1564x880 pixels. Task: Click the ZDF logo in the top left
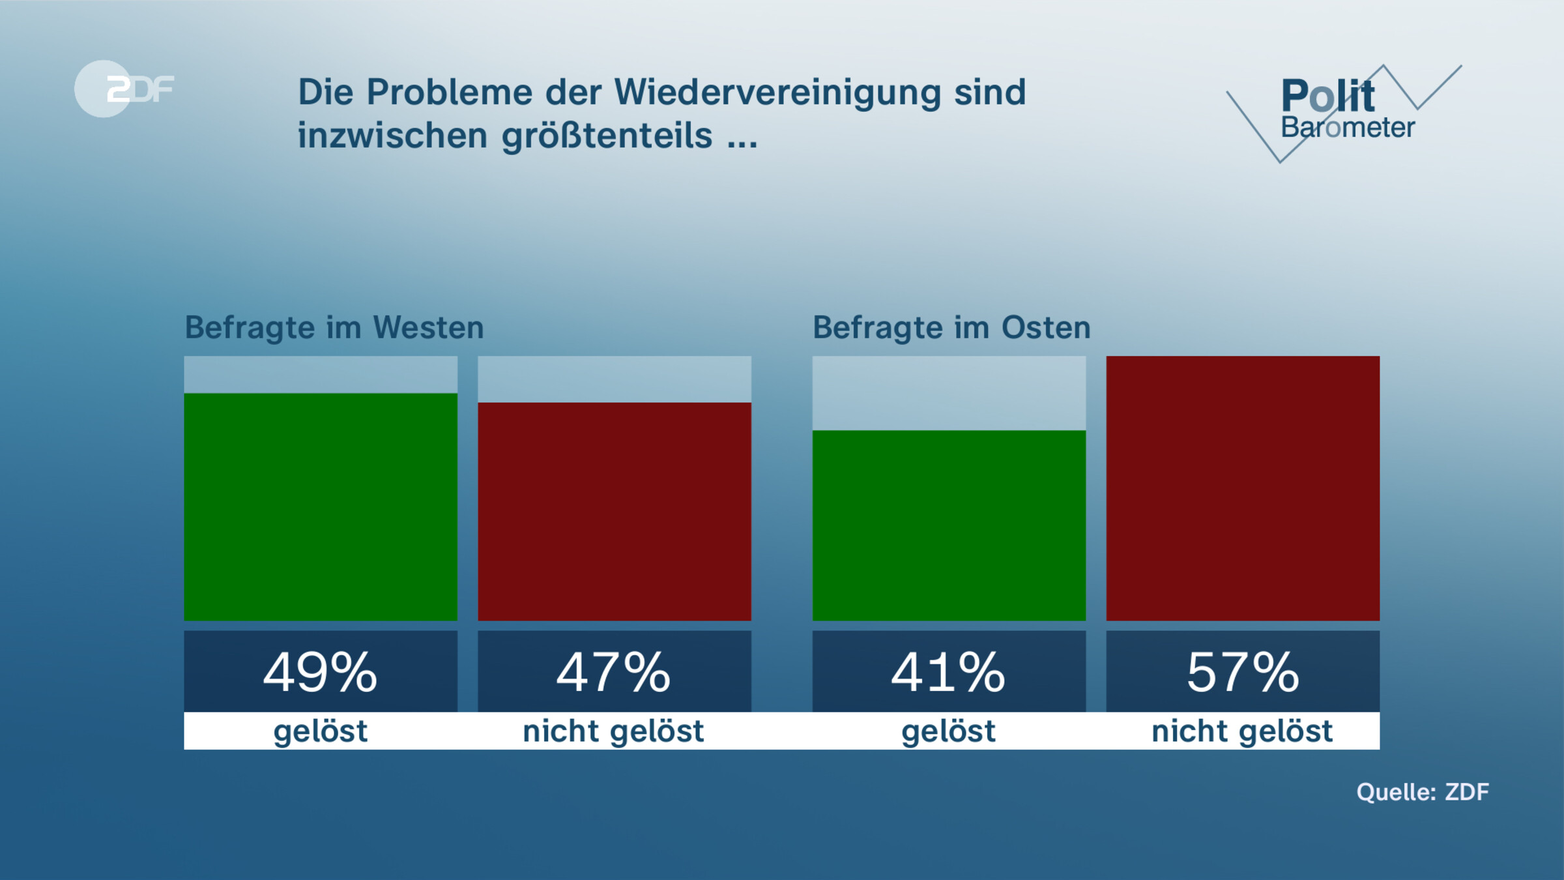124,89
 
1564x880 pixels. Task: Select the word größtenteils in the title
607,136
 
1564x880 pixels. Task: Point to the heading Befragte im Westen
334,327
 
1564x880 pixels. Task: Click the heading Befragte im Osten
951,327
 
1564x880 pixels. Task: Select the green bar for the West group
321,506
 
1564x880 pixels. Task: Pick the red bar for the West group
615,511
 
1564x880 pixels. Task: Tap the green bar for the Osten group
949,525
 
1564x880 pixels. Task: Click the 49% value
321,672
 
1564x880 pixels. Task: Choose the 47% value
614,672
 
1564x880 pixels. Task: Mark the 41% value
949,672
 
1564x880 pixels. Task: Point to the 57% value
1243,672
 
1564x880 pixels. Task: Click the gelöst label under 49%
321,731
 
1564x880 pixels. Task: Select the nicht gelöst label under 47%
614,731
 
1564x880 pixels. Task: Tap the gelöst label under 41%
949,731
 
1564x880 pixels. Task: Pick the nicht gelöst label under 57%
1243,731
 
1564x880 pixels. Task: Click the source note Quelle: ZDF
1423,792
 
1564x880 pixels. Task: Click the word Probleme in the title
449,92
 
